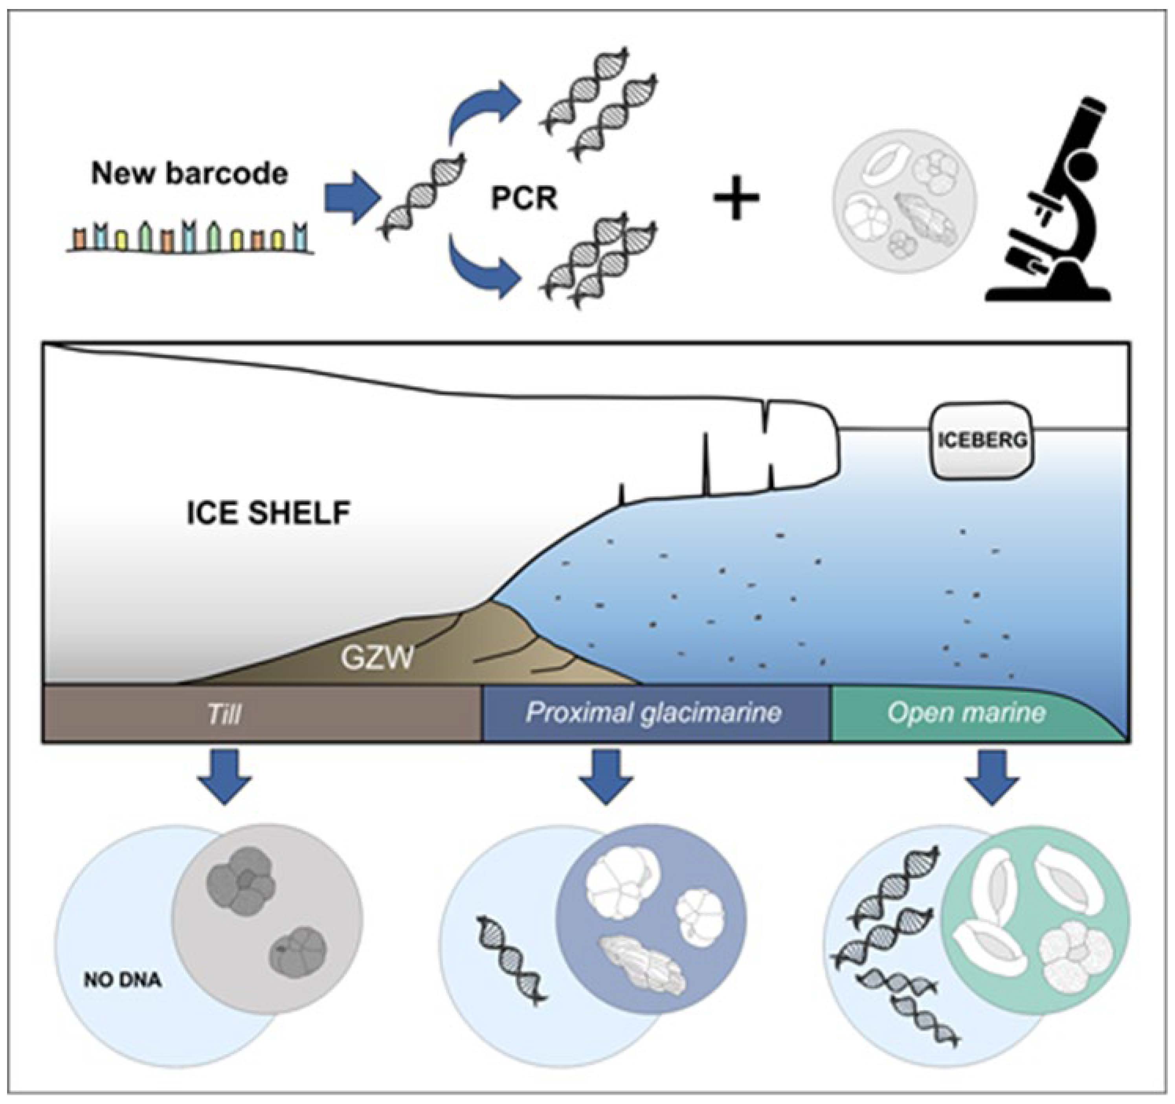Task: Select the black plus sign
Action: (736, 198)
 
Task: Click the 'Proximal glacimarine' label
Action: (653, 713)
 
